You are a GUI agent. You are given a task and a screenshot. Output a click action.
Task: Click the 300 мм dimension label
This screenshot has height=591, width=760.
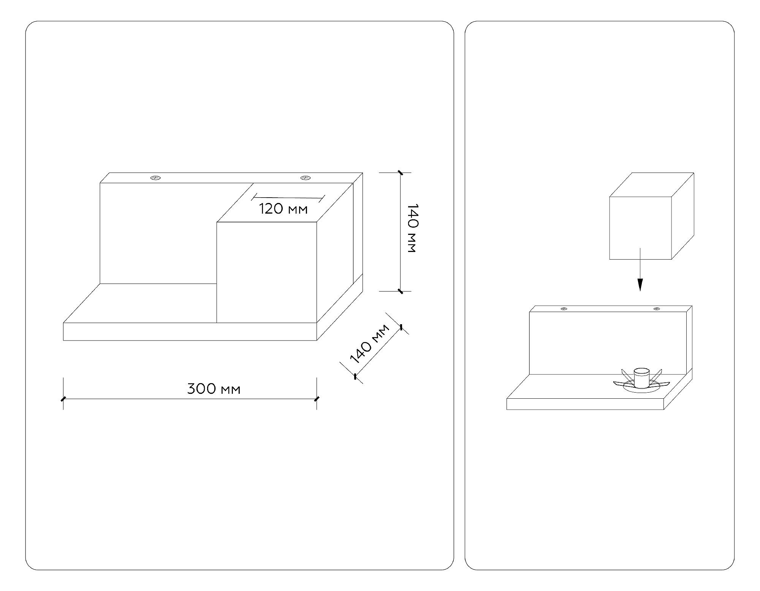pos(214,389)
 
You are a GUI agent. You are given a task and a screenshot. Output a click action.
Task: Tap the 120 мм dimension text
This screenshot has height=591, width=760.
pos(283,209)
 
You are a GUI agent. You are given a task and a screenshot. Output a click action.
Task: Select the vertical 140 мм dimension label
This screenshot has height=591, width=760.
pos(412,228)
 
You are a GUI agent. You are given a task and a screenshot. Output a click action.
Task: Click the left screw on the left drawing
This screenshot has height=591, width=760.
pos(155,177)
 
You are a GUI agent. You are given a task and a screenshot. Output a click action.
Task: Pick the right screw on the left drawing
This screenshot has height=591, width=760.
pos(305,177)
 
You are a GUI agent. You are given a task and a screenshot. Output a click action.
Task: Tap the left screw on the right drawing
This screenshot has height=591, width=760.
pos(564,309)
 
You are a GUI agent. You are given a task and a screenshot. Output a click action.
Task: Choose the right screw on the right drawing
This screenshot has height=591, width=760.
pos(656,309)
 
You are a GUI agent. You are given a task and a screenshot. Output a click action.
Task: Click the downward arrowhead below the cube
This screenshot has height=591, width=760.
pos(640,285)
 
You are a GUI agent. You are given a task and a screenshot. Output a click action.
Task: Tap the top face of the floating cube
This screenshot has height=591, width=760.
pos(652,185)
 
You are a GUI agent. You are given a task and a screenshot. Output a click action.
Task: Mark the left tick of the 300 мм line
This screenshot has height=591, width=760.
pos(63,399)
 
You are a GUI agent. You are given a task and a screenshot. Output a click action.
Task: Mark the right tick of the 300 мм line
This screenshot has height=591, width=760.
pos(317,399)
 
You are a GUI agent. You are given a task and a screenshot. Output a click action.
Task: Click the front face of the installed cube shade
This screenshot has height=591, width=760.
pos(266,272)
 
